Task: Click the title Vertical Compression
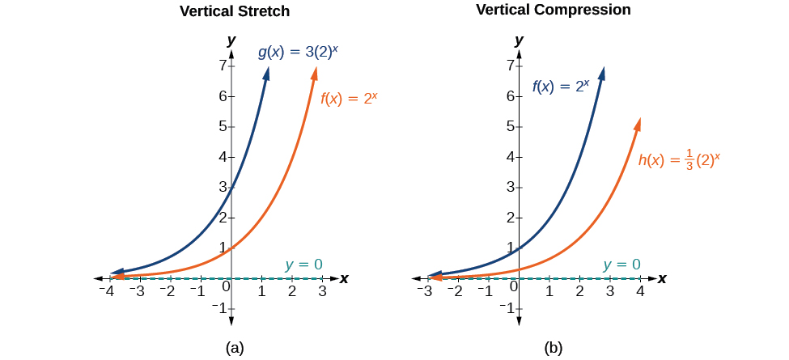[554, 10]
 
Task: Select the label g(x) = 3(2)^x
[298, 53]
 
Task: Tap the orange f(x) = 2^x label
[350, 100]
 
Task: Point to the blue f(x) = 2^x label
[566, 86]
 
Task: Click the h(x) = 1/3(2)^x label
[679, 159]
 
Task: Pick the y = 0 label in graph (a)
[303, 264]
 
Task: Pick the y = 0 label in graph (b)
[621, 264]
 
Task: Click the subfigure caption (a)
[235, 348]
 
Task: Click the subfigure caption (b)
[553, 348]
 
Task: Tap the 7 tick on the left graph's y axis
[221, 66]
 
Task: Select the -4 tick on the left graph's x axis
[105, 290]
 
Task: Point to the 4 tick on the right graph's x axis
[640, 290]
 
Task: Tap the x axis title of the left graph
[344, 278]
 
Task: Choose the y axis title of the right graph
[519, 40]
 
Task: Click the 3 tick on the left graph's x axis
[322, 290]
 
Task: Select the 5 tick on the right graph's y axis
[510, 126]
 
